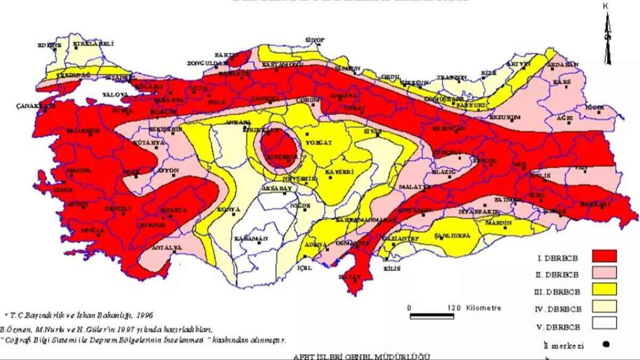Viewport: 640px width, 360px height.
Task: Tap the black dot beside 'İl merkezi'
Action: click(606, 344)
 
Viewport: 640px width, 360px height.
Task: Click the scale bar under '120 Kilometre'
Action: click(432, 316)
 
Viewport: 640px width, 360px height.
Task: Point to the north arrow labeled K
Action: click(607, 37)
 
